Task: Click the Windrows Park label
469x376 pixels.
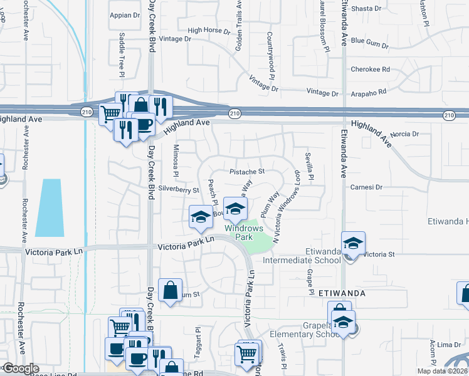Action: tap(235, 233)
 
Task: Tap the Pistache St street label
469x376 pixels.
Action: tap(247, 171)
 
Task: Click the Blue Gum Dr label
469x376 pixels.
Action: tap(370, 41)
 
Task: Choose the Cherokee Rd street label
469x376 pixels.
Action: tap(370, 70)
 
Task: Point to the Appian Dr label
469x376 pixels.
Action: tap(124, 15)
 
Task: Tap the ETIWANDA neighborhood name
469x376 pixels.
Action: tap(342, 293)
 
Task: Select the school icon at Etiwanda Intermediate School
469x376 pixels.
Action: tap(354, 243)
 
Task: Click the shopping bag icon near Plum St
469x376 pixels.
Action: tap(171, 290)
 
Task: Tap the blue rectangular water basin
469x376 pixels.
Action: tap(50, 207)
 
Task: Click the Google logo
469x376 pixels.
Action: tap(20, 368)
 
